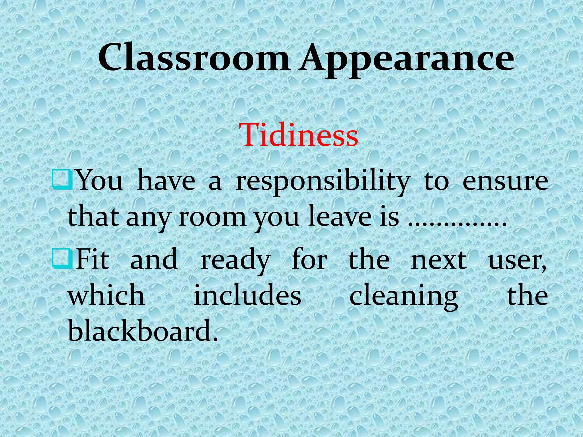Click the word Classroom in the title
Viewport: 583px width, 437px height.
tap(194, 58)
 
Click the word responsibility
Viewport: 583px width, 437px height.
tap(323, 182)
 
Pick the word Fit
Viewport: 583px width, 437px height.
tap(93, 259)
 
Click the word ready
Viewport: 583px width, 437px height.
tap(235, 260)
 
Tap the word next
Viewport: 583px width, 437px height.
tap(439, 260)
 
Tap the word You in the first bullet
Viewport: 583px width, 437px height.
tap(100, 181)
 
